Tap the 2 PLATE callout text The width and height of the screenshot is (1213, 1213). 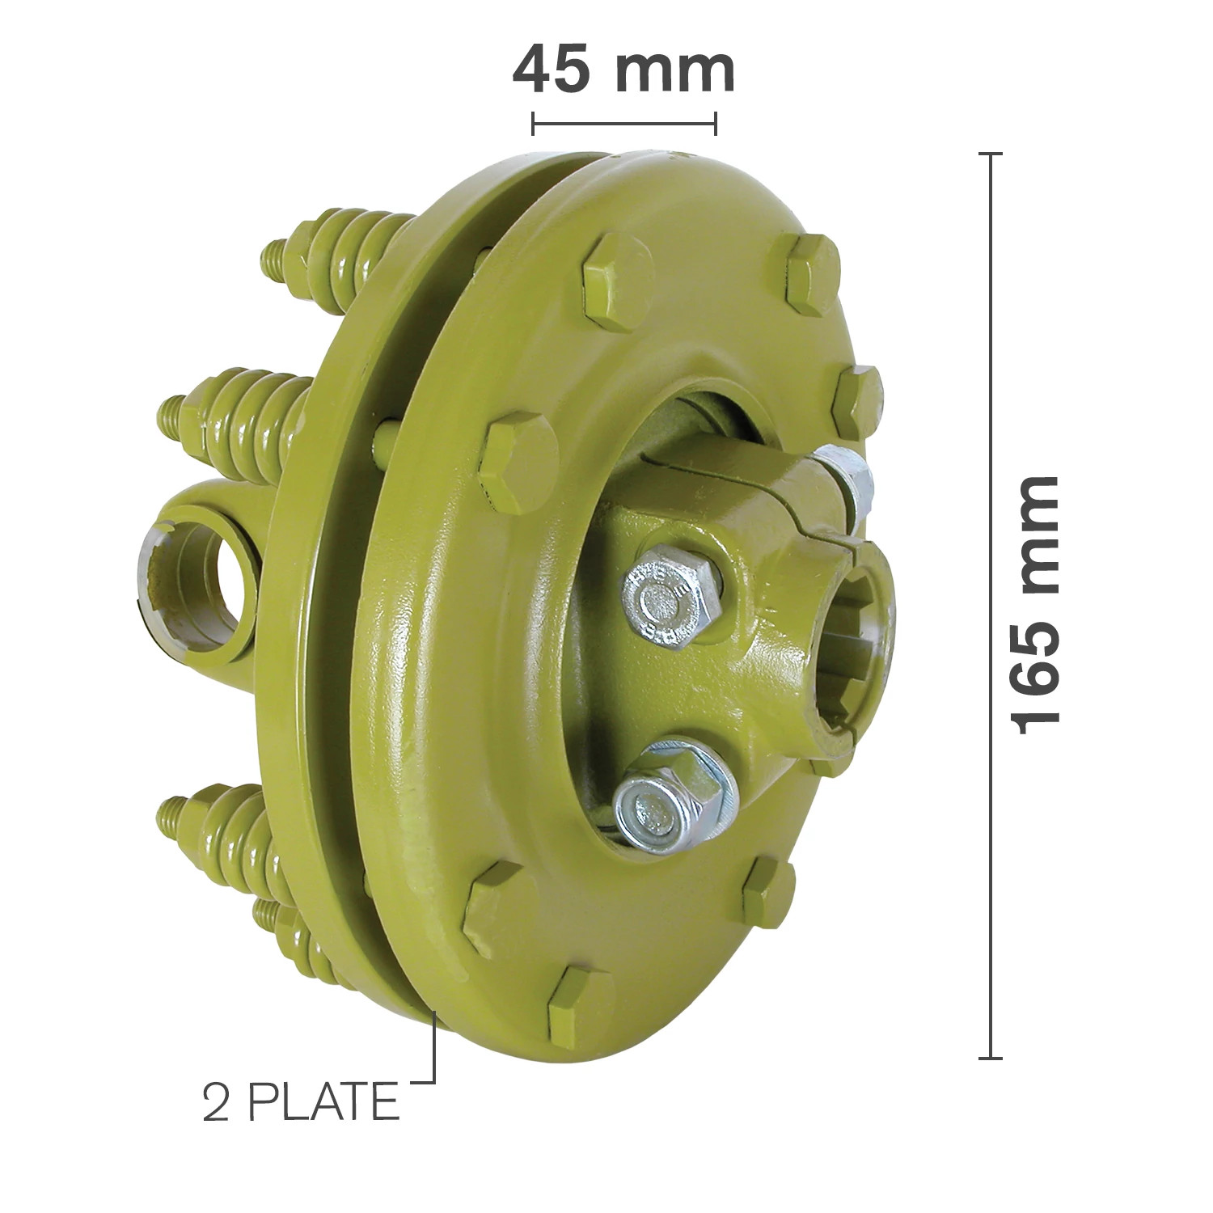pyautogui.click(x=301, y=1102)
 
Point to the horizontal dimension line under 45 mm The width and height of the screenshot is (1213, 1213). pyautogui.click(x=623, y=124)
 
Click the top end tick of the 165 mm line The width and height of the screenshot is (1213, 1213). pyautogui.click(x=990, y=154)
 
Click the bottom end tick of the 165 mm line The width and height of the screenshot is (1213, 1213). pyautogui.click(x=990, y=1057)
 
